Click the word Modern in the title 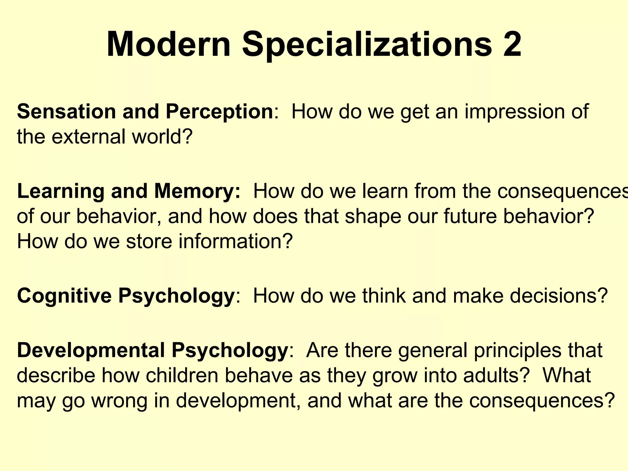pos(168,44)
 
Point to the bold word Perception pos(220,112)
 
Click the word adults pos(496,375)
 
